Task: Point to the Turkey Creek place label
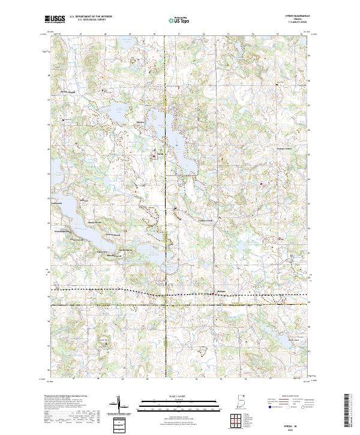pyautogui.click(x=206, y=220)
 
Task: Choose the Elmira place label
pyautogui.click(x=141, y=122)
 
